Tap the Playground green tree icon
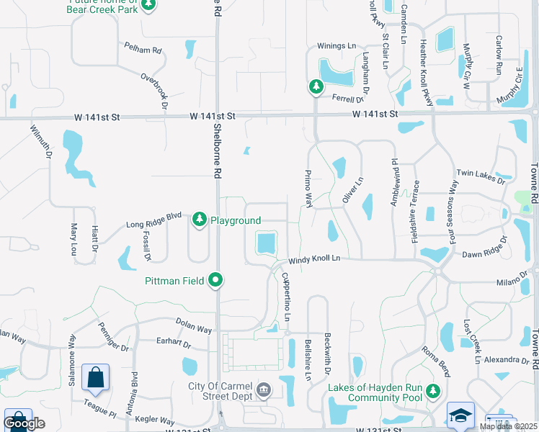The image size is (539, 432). (x=200, y=220)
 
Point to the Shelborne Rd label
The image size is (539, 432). (x=217, y=152)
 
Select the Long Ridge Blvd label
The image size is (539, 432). (x=153, y=225)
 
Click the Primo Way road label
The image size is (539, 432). (x=308, y=189)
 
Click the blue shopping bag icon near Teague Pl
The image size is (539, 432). (x=95, y=377)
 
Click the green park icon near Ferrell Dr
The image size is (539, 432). (x=316, y=87)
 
